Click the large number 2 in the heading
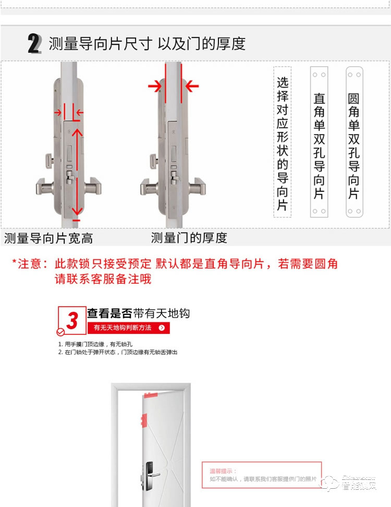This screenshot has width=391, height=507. [34, 43]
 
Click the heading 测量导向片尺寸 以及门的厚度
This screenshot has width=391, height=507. [147, 43]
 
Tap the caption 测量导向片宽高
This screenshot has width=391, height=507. [48, 239]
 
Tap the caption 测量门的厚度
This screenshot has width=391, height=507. [189, 238]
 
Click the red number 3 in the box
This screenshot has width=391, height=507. [72, 320]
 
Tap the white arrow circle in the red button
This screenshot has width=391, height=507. [162, 328]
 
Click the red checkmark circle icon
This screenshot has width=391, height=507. [60, 331]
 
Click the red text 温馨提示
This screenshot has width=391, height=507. [219, 470]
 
